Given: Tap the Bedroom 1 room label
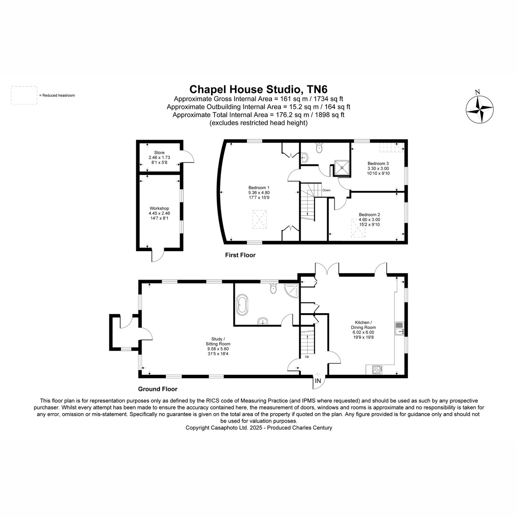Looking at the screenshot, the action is [259, 192].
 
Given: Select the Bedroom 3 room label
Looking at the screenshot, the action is [378, 168].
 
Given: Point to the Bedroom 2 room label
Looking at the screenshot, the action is [369, 219].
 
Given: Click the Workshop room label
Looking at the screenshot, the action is [159, 213].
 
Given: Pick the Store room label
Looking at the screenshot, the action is [159, 158].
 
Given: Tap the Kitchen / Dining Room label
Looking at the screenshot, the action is [363, 330].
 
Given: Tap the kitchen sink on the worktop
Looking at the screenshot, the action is [399, 328].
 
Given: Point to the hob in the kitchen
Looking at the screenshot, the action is [377, 370].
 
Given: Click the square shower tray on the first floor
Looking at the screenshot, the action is [342, 168].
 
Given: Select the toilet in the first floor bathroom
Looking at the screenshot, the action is [319, 148].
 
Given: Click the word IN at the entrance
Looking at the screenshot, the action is [318, 381].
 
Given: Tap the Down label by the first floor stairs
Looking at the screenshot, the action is [326, 190].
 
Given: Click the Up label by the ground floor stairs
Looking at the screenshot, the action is [307, 357].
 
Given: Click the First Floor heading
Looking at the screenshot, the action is [240, 255].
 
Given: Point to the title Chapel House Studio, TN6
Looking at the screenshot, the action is [258, 89].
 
